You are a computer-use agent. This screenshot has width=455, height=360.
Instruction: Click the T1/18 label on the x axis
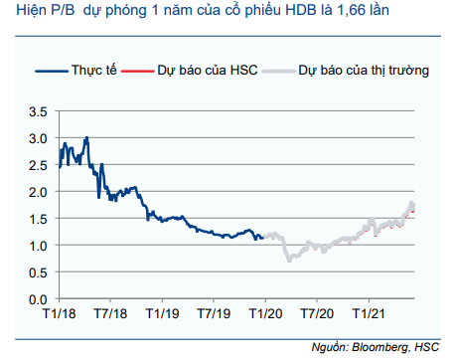tap(60, 314)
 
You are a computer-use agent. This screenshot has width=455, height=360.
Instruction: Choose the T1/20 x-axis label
tap(264, 314)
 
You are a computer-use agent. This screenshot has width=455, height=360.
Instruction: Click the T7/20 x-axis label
tap(316, 314)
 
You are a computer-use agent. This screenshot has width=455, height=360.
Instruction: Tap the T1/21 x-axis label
tap(368, 314)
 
